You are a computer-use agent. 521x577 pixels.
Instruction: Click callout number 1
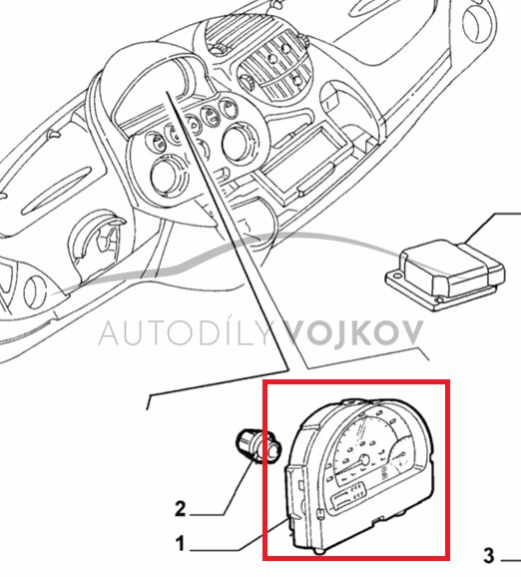180,544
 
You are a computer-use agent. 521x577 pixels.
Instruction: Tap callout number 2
180,509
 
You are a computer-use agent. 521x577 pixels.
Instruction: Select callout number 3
489,556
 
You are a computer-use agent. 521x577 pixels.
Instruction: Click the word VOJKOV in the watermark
354,332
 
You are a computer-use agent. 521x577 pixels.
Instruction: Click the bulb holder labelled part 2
259,445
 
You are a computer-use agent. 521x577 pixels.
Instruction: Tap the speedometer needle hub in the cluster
364,459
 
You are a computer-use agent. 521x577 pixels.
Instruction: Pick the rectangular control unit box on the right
446,275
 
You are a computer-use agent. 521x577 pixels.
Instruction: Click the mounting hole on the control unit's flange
438,300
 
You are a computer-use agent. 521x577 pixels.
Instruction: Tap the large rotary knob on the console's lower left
166,174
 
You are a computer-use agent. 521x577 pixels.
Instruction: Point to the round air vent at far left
34,293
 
